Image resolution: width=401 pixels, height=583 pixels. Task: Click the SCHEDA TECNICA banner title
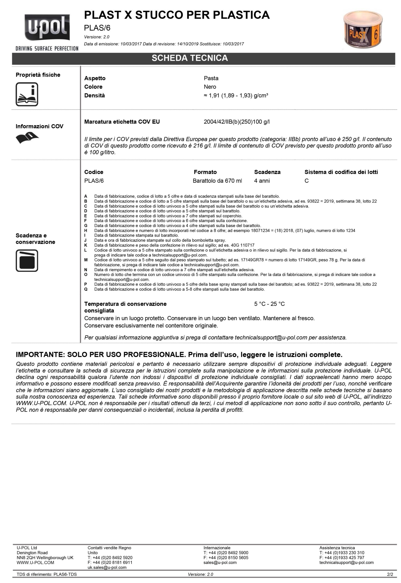(x=190, y=58)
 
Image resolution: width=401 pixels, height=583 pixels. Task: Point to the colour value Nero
(x=210, y=87)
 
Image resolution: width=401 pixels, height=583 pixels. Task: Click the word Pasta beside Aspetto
(x=211, y=78)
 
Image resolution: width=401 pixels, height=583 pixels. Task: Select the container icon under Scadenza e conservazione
(x=27, y=260)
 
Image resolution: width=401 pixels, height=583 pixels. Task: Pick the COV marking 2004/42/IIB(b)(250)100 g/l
(x=236, y=122)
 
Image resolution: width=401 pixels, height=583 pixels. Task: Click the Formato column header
(x=205, y=172)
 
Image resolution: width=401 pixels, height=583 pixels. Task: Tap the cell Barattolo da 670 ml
(x=217, y=181)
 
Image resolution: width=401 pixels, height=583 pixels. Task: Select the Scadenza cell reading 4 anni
(x=262, y=181)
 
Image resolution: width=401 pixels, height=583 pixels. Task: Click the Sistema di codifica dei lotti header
(x=341, y=172)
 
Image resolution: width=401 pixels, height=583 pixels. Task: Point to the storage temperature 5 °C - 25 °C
(x=269, y=304)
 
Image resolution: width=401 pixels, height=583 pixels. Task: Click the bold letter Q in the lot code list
(x=86, y=289)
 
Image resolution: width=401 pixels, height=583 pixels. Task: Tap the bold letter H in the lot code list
(x=86, y=230)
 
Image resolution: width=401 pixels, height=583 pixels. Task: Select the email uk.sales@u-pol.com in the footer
(x=107, y=568)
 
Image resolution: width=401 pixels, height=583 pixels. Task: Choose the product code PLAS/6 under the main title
(x=97, y=28)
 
